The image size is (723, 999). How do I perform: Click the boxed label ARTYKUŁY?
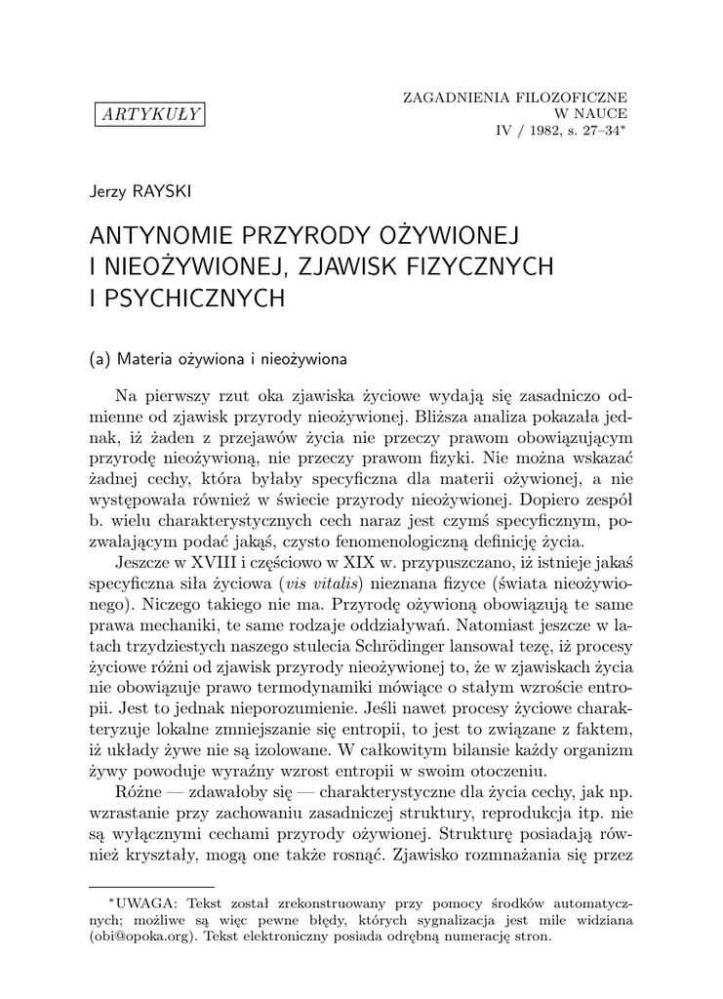pos(149,115)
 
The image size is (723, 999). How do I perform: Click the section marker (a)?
pos(100,358)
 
